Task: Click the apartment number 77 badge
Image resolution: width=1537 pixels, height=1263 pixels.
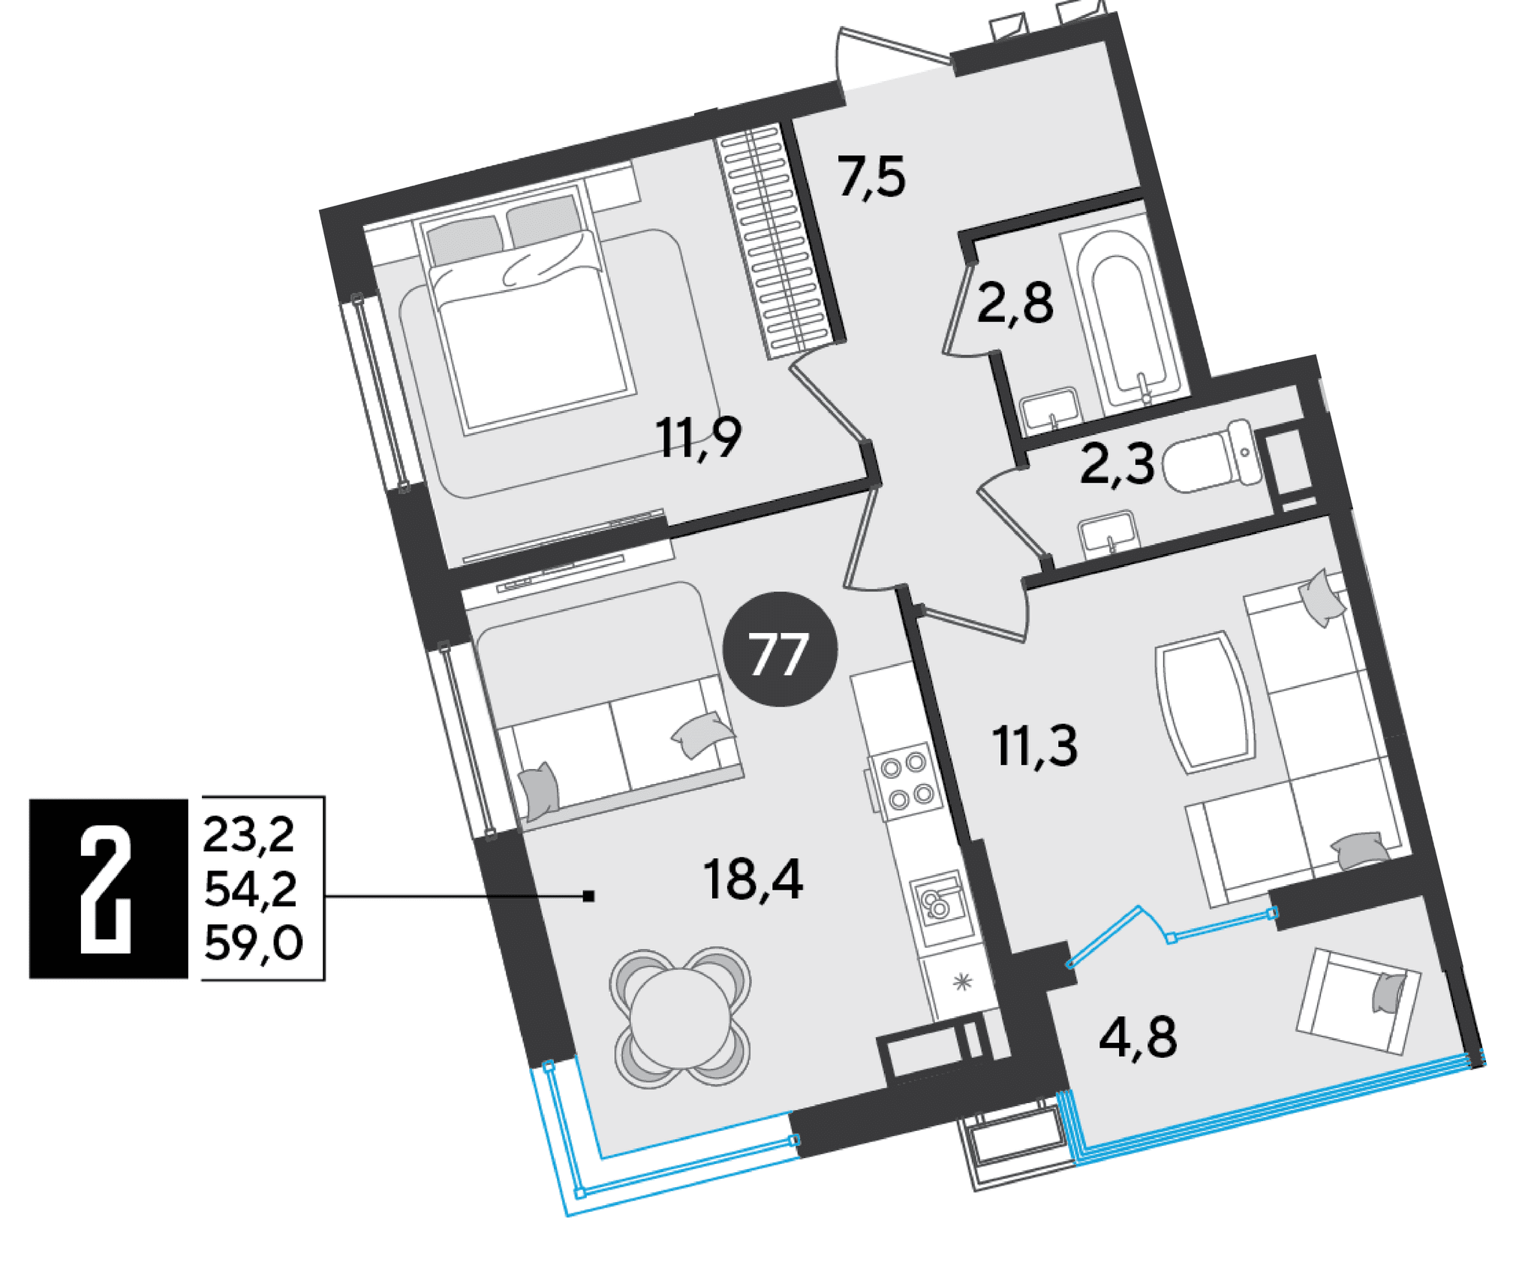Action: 779,649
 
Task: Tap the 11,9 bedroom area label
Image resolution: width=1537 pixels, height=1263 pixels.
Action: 699,438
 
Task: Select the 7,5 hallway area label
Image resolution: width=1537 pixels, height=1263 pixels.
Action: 871,176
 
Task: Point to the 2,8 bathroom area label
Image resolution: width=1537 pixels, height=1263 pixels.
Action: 1015,303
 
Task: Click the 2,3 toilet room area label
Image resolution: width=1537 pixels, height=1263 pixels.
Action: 1117,463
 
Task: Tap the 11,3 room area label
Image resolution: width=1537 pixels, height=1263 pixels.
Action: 1034,746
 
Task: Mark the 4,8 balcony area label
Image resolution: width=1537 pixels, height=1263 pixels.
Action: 1138,1037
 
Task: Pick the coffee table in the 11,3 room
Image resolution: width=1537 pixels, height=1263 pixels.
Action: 1205,701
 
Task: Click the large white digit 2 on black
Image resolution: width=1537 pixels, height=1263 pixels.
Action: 107,889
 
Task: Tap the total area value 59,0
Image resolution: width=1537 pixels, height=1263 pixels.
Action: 253,943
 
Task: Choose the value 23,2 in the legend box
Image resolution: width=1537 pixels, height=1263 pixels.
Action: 248,835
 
